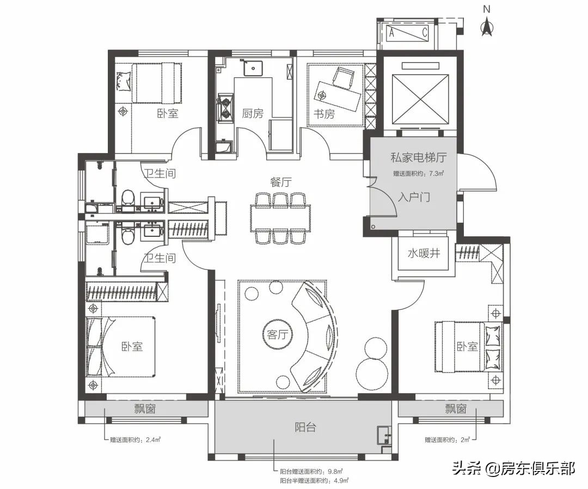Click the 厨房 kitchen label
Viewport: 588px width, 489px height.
tap(253, 113)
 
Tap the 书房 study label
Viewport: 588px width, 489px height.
tap(324, 113)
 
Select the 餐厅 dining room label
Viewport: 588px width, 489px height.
tap(281, 182)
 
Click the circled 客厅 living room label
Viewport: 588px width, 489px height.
tap(277, 334)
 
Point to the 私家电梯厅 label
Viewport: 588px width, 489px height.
tap(419, 157)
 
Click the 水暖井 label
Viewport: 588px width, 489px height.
tap(424, 254)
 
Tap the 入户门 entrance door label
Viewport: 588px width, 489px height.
tap(414, 197)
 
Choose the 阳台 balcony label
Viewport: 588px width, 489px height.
tap(305, 427)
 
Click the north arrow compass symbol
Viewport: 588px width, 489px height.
tap(487, 25)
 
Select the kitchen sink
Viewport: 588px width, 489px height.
tap(253, 68)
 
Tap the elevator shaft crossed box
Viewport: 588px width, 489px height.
tap(420, 99)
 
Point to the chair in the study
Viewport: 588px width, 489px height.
tap(344, 78)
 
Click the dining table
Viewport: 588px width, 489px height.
tap(281, 217)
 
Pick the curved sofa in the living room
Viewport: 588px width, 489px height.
tap(314, 336)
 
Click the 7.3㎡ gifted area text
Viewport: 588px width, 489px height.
tap(419, 174)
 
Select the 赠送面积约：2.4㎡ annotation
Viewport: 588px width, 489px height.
tap(136, 440)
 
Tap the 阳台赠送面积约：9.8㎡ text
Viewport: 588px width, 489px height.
tap(311, 472)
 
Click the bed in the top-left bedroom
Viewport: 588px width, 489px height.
tap(157, 83)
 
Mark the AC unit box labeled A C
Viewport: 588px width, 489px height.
tap(408, 33)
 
